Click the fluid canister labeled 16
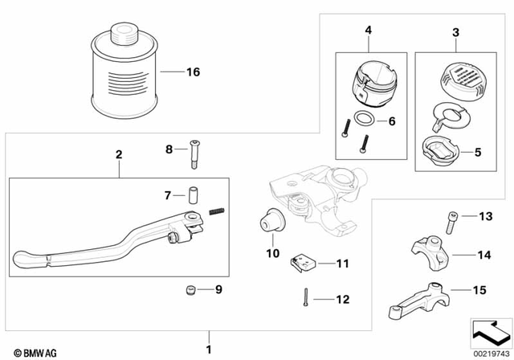(x=125, y=75)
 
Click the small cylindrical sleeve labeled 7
(x=193, y=195)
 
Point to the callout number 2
(x=118, y=153)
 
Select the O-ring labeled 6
(x=364, y=121)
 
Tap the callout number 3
(x=455, y=32)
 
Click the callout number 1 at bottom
(x=210, y=349)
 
